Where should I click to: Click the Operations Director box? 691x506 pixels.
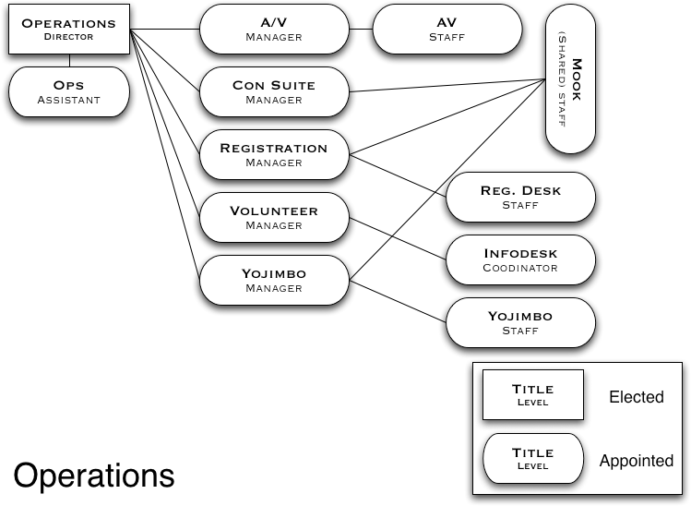[68, 29]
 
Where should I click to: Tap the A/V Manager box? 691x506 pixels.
[274, 29]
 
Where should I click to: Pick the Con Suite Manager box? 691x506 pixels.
[274, 91]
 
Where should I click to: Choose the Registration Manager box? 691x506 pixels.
[274, 154]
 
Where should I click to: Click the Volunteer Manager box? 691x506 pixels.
[274, 217]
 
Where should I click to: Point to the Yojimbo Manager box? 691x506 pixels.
[274, 280]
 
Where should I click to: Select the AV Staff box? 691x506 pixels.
[447, 29]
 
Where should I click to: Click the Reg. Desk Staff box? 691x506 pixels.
[520, 197]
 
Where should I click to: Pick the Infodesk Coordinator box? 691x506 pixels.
[520, 259]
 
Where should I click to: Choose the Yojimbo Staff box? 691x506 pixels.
[520, 322]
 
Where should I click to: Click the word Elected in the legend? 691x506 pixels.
[636, 397]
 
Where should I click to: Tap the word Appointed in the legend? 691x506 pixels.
[636, 460]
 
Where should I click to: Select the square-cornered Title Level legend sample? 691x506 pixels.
[532, 394]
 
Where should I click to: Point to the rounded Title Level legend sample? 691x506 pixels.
[532, 458]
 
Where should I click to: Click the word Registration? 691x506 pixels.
[274, 148]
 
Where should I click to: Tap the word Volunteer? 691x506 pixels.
[274, 211]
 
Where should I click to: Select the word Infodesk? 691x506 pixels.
[520, 253]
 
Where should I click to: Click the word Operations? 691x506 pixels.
[68, 23]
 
